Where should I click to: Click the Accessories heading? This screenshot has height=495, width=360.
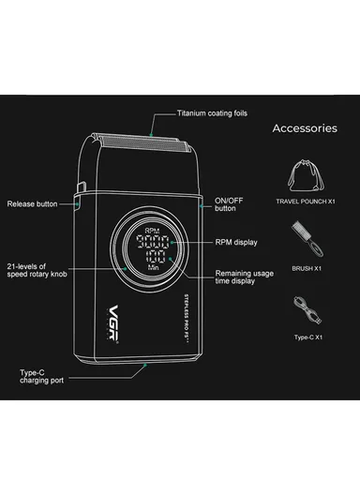pos(304,128)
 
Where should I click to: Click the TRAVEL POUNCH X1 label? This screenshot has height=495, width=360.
pos(304,202)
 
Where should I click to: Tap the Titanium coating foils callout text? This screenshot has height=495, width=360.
pos(212,112)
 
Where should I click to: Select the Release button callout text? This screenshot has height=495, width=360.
pos(32,203)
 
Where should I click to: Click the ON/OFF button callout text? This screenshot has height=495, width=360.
pos(228,203)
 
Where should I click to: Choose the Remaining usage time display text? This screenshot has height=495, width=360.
pos(245,277)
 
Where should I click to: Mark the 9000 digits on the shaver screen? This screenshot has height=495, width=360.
pos(151,241)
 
